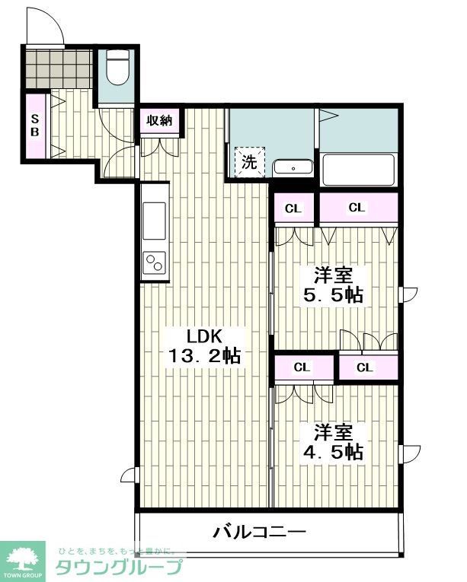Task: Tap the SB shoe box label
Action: tap(35, 126)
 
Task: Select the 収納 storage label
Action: tap(159, 120)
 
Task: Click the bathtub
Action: tap(358, 170)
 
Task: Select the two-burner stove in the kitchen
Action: tap(153, 263)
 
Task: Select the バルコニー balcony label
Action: tap(259, 531)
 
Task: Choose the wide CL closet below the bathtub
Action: tap(357, 207)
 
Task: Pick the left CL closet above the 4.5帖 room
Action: tap(302, 367)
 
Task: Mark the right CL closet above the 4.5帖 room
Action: tap(366, 368)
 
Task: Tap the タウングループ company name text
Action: tap(119, 568)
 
